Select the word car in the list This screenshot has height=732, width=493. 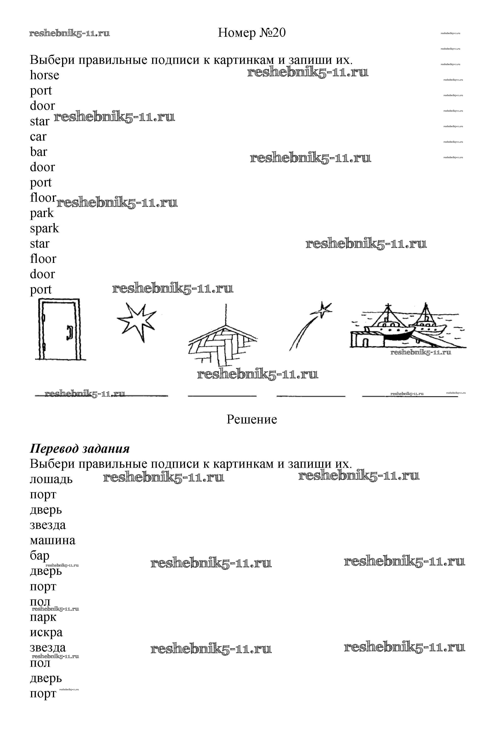(38, 137)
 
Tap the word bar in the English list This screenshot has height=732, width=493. (38, 152)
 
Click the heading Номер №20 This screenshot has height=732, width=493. (252, 33)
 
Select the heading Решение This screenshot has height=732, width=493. (252, 419)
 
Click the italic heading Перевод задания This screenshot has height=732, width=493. (80, 449)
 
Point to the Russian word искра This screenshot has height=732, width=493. (46, 633)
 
